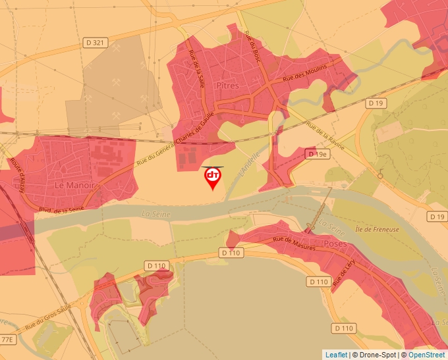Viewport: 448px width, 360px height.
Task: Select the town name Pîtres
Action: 227,86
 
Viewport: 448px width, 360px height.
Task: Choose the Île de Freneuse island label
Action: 376,229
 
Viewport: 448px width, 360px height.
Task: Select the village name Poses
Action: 335,243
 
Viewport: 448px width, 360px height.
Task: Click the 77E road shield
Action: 7,340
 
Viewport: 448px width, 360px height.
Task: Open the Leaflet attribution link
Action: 336,355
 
